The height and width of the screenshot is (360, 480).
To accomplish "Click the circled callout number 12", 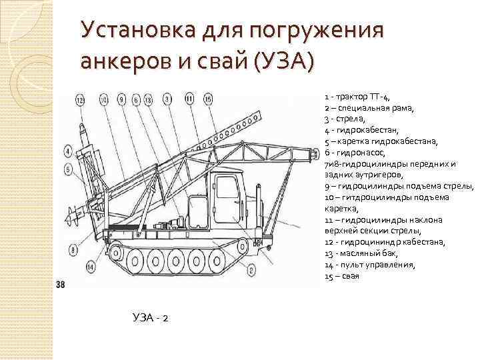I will point(81,101).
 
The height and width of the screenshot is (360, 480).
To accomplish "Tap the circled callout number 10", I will point(103,101).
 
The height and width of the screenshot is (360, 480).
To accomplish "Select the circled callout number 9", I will point(121,101).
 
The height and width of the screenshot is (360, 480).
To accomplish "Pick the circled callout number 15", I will point(207,100).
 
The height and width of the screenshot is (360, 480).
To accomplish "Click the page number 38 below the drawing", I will point(61,285).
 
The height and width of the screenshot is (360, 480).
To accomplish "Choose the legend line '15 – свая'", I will point(342,276).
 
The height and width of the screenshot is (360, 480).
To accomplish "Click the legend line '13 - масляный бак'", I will point(361,253).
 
